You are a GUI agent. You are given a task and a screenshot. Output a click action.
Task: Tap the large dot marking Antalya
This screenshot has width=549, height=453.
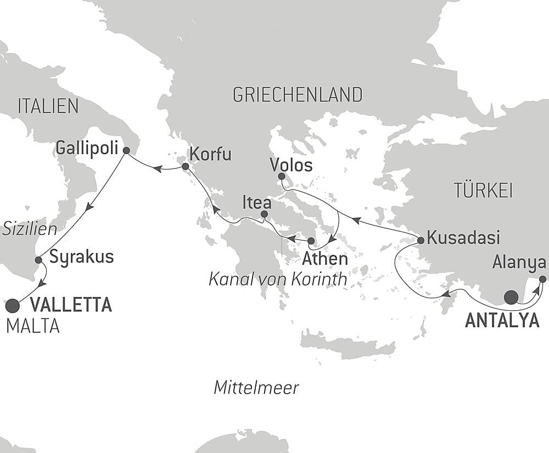511,298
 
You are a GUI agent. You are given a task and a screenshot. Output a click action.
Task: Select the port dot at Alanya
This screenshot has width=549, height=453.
542,279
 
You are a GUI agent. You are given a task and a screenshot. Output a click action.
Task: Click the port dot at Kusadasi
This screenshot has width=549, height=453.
421,240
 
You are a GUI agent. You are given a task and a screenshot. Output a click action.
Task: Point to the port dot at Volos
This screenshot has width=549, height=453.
281,176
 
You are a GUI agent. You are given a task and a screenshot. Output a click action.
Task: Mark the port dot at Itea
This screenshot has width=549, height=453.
264,214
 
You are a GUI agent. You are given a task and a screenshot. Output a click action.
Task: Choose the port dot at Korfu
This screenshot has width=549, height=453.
186,166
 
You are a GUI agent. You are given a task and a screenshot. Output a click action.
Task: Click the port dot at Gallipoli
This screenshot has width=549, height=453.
126,150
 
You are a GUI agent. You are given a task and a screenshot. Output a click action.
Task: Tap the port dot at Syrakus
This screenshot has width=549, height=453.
38,260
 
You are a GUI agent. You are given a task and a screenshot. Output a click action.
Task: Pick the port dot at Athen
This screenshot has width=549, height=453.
311,241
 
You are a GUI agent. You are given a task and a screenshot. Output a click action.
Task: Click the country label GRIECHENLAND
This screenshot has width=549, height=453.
298,95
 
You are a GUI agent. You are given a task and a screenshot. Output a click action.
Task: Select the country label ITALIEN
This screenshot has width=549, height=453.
48,107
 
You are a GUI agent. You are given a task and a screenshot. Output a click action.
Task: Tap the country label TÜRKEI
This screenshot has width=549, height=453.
483,191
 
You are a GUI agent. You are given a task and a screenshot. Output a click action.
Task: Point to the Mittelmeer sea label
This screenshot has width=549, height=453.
256,388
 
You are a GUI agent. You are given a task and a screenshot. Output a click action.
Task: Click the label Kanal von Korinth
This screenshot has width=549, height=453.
278,279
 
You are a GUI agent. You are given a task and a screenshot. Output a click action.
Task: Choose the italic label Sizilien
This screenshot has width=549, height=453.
30,229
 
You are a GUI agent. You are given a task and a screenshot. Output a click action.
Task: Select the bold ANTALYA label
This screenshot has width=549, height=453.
502,321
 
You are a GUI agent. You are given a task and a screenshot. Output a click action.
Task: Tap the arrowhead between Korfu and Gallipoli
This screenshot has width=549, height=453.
157,169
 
